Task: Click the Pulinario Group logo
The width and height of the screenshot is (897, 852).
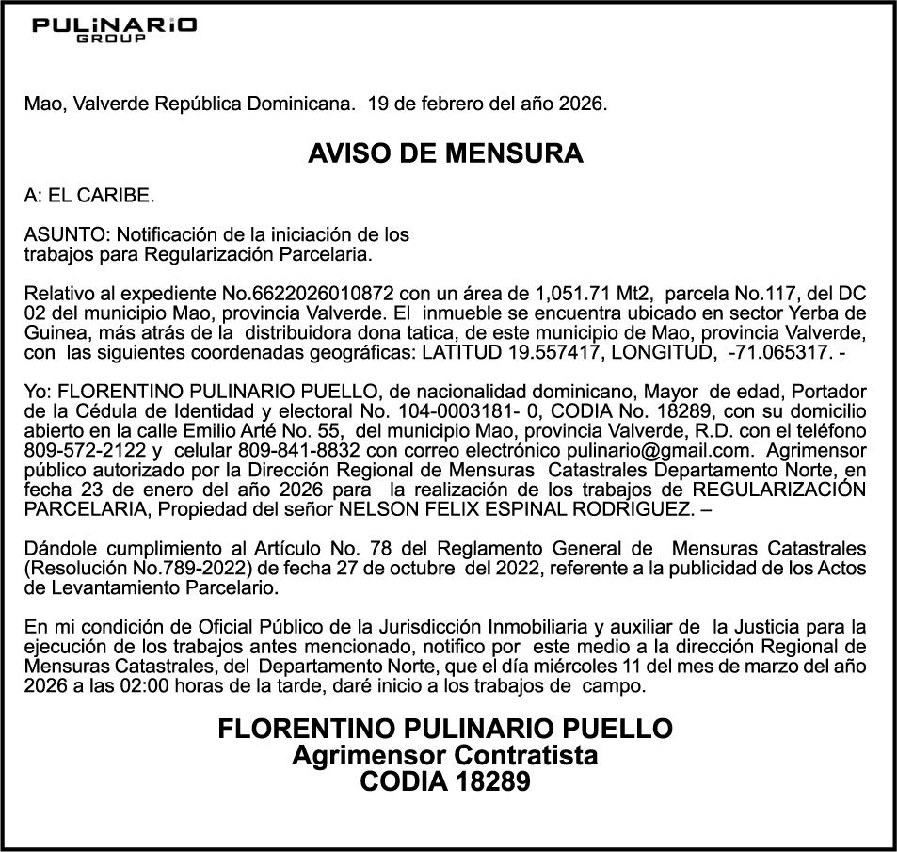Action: point(114,28)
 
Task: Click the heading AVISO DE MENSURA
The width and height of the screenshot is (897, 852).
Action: point(445,153)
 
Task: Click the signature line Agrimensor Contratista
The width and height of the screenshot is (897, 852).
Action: point(445,755)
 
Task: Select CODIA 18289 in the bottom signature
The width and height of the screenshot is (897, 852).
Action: point(445,781)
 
